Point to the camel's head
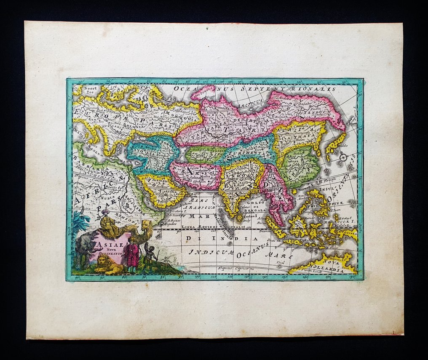click(147, 224)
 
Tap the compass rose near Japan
click(343, 157)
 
